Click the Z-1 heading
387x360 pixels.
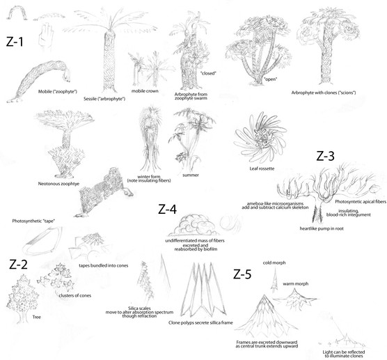pyautogui.click(x=15, y=42)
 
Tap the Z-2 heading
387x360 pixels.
pyautogui.click(x=18, y=265)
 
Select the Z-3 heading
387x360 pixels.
pyautogui.click(x=325, y=156)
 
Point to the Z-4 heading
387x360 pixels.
pyautogui.click(x=167, y=210)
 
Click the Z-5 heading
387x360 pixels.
pyautogui.click(x=242, y=274)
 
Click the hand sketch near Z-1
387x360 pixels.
pyautogui.click(x=46, y=35)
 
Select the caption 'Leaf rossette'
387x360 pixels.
pyautogui.click(x=262, y=169)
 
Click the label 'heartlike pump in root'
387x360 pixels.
pyautogui.click(x=322, y=228)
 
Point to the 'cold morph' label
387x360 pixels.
pyautogui.click(x=274, y=263)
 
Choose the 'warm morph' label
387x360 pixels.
pyautogui.click(x=295, y=283)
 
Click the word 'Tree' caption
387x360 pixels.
pyautogui.click(x=36, y=317)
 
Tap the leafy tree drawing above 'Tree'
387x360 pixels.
pyautogui.click(x=22, y=298)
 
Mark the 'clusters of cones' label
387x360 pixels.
pyautogui.click(x=74, y=295)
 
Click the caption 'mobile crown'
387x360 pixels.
pyautogui.click(x=145, y=91)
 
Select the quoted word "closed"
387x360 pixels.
pyautogui.click(x=208, y=73)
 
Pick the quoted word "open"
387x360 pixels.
pyautogui.click(x=270, y=79)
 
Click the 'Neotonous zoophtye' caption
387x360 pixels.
pyautogui.click(x=58, y=184)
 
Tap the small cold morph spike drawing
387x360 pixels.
pyautogui.click(x=274, y=279)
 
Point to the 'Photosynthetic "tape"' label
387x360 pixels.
pyautogui.click(x=33, y=221)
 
